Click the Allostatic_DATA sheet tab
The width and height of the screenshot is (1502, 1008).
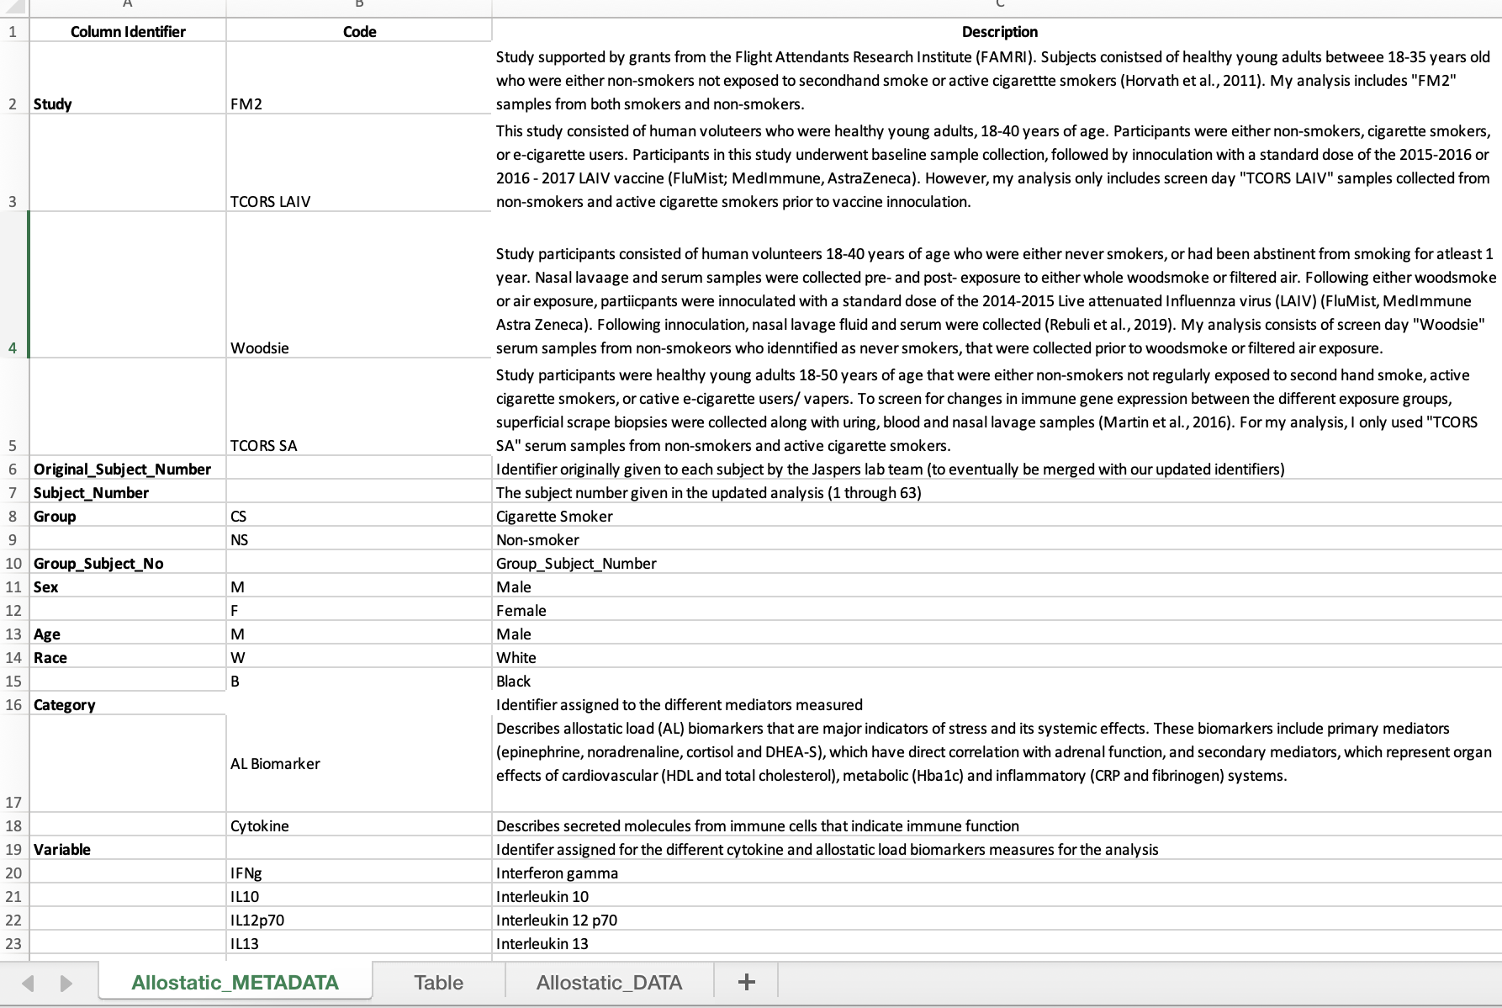pos(609,982)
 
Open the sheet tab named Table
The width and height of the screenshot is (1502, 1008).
pos(438,982)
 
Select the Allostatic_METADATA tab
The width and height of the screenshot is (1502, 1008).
pos(235,982)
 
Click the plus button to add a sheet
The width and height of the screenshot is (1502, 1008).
pos(746,982)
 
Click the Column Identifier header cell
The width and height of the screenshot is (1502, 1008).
pos(128,31)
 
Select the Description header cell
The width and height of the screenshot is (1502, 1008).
pos(999,31)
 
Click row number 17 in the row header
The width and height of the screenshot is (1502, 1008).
pos(13,802)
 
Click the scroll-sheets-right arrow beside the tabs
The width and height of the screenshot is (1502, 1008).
pos(66,983)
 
